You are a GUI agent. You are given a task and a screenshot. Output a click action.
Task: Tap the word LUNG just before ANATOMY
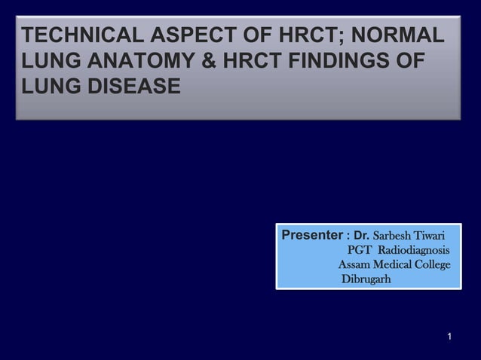point(51,62)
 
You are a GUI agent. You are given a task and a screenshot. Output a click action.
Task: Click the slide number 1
point(449,334)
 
